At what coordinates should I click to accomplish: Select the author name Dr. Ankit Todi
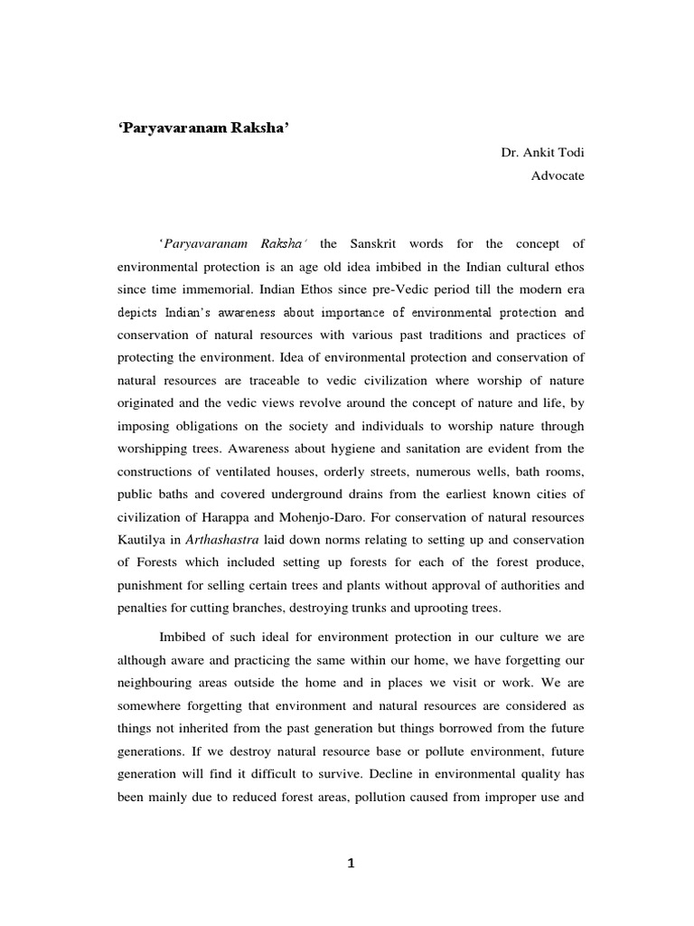[x=542, y=153]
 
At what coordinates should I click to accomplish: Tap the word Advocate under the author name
[x=558, y=176]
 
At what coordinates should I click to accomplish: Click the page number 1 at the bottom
[x=352, y=864]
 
